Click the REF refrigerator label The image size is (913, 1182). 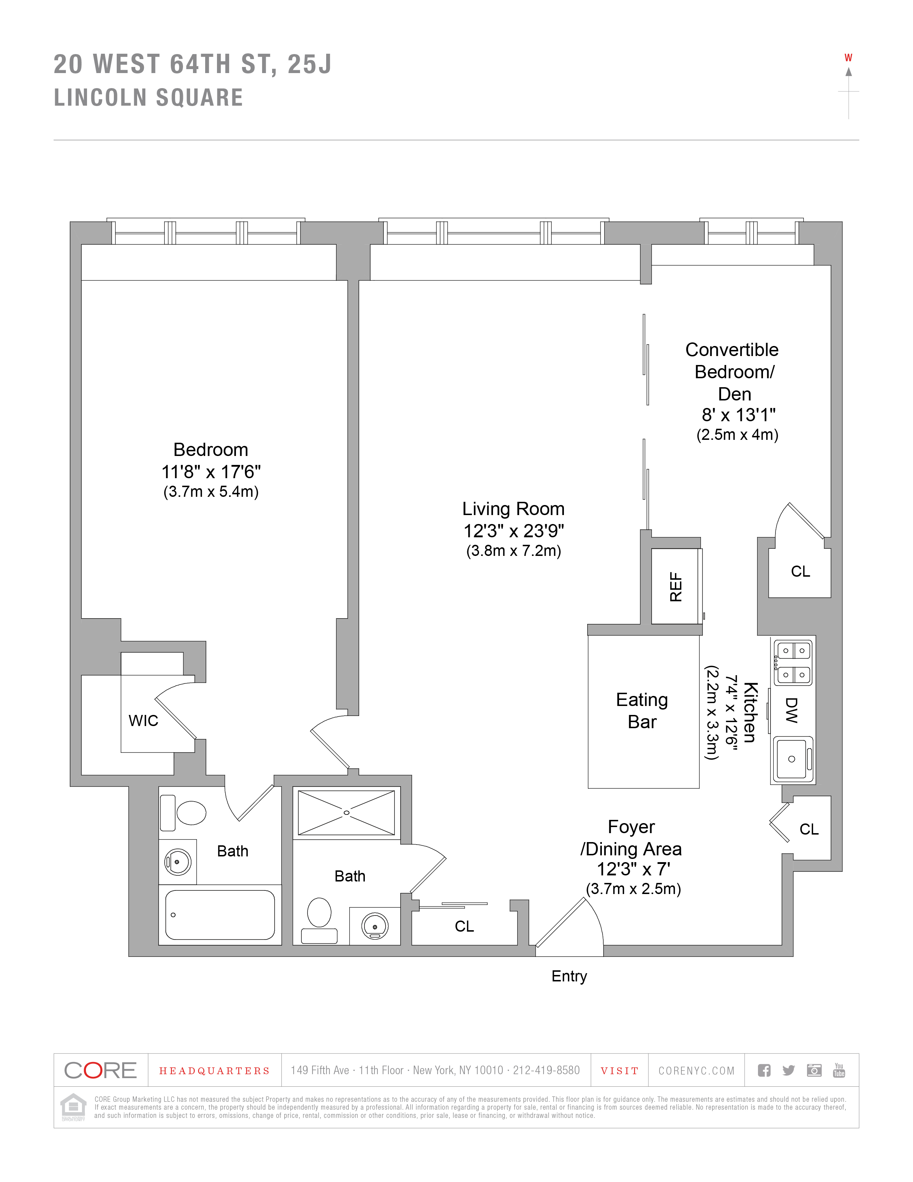pos(676,587)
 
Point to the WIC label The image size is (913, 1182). pos(143,720)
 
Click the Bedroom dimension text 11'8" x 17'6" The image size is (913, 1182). pos(211,472)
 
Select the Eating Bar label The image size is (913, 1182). pos(642,711)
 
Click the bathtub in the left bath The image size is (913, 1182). pos(219,915)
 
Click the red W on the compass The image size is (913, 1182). pos(848,58)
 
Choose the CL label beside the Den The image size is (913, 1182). pos(801,572)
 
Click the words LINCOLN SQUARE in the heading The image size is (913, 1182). pos(149,98)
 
